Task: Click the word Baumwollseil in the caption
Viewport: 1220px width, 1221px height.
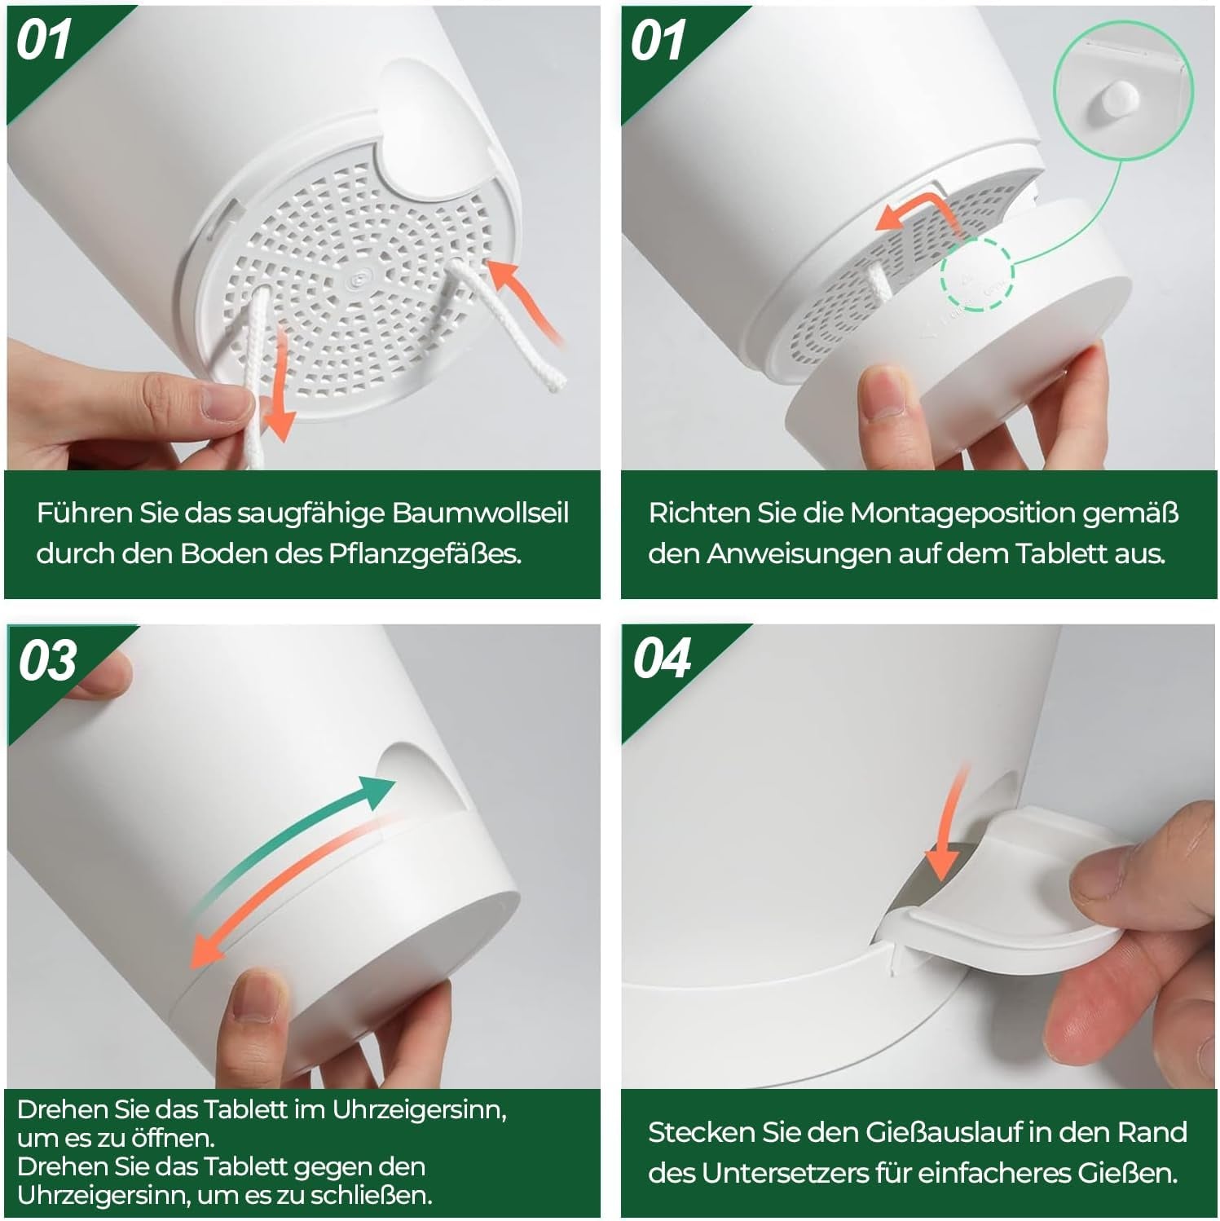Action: pos(481,514)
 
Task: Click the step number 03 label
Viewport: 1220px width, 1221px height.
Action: pos(47,660)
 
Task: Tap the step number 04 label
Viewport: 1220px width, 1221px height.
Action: pos(662,659)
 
